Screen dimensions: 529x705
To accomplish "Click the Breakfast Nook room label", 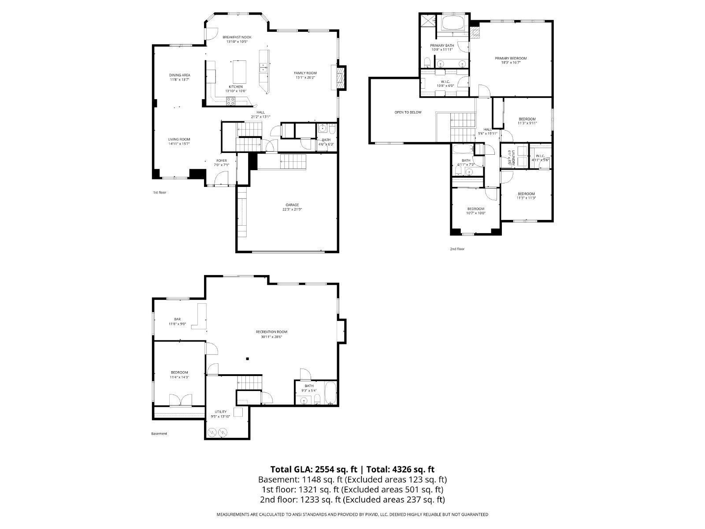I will (x=237, y=37).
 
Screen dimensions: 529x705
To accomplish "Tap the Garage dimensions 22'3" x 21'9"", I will (x=292, y=209).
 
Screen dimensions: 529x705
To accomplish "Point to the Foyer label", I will (x=221, y=160).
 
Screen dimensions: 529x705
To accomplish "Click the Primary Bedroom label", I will (x=510, y=58).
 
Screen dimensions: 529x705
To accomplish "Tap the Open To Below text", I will (x=408, y=112).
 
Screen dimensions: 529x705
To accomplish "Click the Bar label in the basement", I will (x=177, y=319).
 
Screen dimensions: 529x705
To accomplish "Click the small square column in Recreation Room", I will (x=248, y=359).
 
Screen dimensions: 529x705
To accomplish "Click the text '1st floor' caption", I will (x=160, y=193).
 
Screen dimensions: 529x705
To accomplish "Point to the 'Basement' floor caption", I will (x=159, y=434).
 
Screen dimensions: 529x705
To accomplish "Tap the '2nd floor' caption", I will (x=457, y=249).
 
